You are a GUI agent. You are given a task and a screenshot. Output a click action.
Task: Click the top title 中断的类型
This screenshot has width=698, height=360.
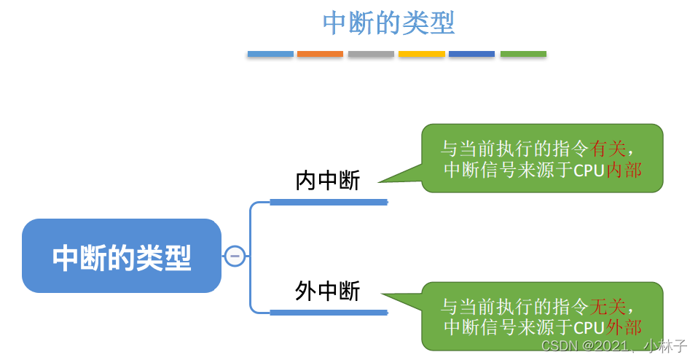pyautogui.click(x=388, y=23)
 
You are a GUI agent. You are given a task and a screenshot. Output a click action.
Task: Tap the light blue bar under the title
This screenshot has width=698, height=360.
pyautogui.click(x=270, y=54)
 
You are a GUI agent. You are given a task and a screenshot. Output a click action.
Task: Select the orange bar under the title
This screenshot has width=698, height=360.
pyautogui.click(x=320, y=54)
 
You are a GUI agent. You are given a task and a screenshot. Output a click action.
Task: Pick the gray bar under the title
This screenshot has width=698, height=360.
pyautogui.click(x=371, y=54)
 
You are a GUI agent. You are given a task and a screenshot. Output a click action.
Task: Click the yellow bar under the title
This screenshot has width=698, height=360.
pyautogui.click(x=421, y=54)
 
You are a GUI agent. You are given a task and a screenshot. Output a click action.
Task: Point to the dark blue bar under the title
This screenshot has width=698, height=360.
pyautogui.click(x=471, y=54)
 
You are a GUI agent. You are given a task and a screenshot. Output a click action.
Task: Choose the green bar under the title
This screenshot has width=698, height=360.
pyautogui.click(x=523, y=54)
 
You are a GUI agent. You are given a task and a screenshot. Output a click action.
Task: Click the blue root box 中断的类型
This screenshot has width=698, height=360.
pyautogui.click(x=122, y=257)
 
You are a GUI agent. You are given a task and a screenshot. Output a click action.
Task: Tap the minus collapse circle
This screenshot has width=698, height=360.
pyautogui.click(x=234, y=256)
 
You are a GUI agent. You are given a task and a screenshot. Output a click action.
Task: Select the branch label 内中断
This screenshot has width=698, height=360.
pyautogui.click(x=328, y=181)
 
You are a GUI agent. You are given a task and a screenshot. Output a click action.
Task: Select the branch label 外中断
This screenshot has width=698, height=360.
pyautogui.click(x=328, y=291)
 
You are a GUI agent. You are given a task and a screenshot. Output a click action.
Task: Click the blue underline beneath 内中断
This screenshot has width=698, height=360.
pyautogui.click(x=328, y=202)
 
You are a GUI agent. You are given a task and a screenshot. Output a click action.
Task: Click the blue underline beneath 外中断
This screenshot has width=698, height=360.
pyautogui.click(x=328, y=313)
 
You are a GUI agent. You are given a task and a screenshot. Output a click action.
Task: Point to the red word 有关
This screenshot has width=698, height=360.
pyautogui.click(x=608, y=149)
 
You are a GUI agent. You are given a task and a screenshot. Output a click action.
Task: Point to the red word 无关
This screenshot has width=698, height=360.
pyautogui.click(x=608, y=305)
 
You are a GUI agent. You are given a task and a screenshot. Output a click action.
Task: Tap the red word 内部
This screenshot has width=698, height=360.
pyautogui.click(x=624, y=170)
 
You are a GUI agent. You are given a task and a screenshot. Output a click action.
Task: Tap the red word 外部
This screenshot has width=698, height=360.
pyautogui.click(x=624, y=326)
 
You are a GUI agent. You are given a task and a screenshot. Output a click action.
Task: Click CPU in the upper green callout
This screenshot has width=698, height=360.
pyautogui.click(x=589, y=171)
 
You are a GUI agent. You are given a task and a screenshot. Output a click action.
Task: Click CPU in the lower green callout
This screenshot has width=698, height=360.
pyautogui.click(x=589, y=327)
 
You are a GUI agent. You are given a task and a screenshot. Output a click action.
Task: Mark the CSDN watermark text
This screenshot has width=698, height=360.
pyautogui.click(x=614, y=345)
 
